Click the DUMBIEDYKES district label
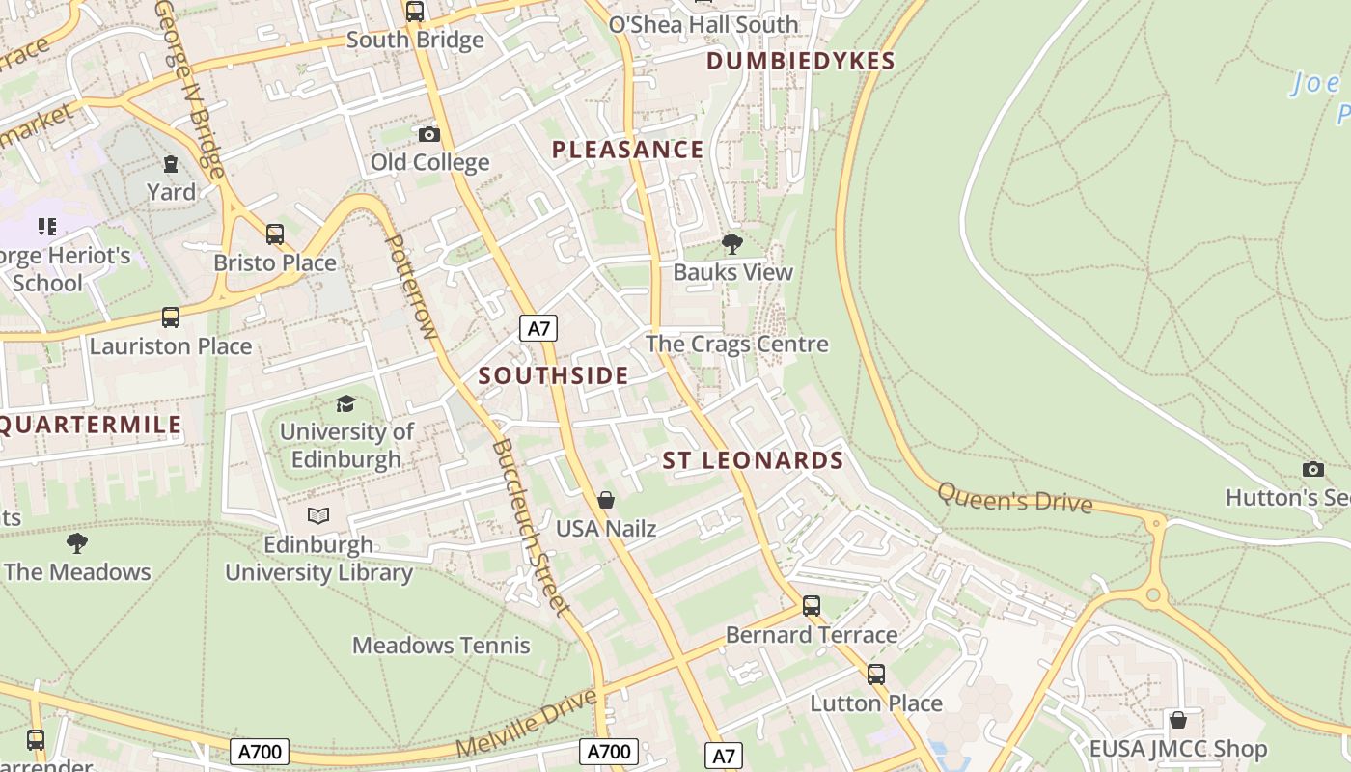801,61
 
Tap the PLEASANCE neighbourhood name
627,150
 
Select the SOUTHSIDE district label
553,375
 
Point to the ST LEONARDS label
753,460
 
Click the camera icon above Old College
429,134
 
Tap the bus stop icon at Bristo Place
275,234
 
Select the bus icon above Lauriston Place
171,317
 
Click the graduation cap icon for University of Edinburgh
345,403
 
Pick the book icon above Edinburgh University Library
318,516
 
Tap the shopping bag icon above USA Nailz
606,500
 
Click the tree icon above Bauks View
732,243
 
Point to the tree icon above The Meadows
77,543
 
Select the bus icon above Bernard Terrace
812,606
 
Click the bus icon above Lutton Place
876,675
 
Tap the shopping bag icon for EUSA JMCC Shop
1177,720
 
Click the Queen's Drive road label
1014,498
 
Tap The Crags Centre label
736,345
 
